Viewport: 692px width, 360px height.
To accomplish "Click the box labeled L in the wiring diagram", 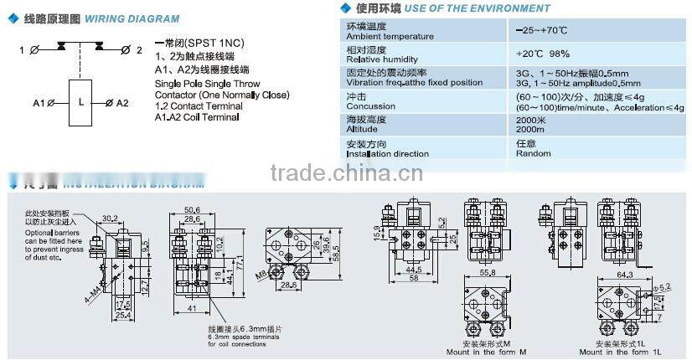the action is point(80,100).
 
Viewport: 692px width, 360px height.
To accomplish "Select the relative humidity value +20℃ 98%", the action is point(543,54).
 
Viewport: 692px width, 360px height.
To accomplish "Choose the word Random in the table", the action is point(533,153).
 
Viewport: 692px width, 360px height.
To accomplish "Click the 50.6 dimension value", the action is point(192,209).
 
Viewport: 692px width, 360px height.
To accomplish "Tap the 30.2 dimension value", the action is point(109,219).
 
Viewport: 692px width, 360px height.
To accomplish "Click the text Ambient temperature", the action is point(390,36).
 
